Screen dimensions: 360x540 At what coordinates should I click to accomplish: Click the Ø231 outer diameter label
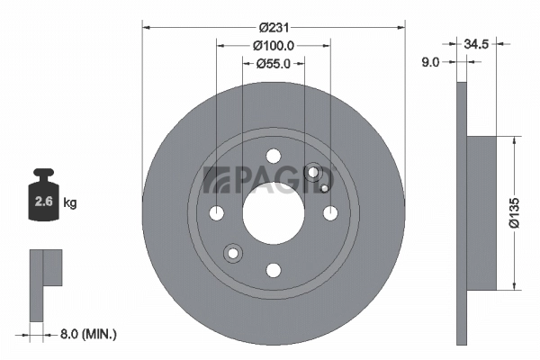point(274,26)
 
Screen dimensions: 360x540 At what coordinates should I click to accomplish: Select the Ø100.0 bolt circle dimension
point(274,45)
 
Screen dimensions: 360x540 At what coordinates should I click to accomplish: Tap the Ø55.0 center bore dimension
point(274,63)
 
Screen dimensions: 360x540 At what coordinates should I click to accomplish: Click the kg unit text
point(69,203)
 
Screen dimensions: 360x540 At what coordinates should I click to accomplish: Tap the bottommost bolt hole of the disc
point(274,269)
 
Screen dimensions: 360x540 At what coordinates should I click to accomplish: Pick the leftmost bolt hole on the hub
point(217,213)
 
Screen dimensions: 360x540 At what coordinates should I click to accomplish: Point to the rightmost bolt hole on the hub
point(330,213)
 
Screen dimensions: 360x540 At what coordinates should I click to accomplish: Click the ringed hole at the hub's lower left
point(234,253)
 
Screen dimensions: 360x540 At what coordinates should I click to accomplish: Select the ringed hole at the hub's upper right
point(313,173)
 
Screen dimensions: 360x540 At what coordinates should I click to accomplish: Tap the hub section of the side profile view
point(483,213)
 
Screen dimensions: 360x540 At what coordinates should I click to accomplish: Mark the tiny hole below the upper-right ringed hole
point(323,189)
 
